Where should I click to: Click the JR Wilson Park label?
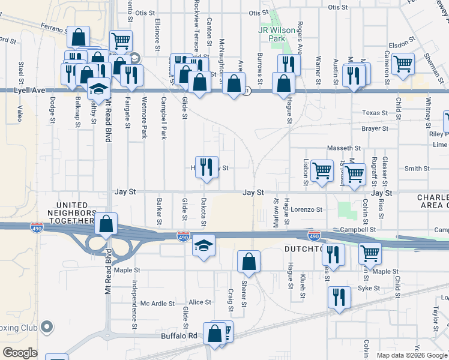(x=277, y=34)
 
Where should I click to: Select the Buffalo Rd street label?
(x=179, y=336)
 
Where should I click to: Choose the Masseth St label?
(x=343, y=148)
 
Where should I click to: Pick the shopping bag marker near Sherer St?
(x=249, y=262)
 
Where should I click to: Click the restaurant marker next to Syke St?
(x=339, y=297)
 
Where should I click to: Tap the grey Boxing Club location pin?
(x=46, y=328)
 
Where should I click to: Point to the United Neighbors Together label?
(x=67, y=213)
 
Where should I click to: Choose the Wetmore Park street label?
(x=144, y=118)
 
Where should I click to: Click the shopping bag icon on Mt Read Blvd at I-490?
(x=106, y=224)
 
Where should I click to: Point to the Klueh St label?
(x=303, y=286)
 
